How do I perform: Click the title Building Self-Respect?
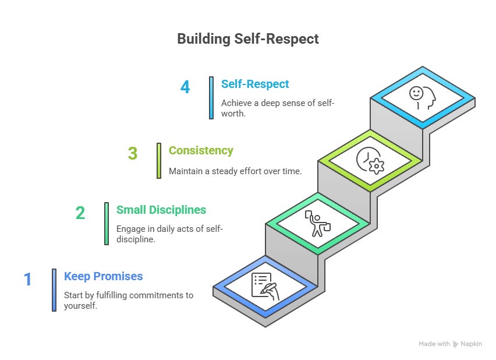point(248,40)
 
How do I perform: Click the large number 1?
point(27,280)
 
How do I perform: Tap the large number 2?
point(80,213)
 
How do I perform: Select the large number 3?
point(132,153)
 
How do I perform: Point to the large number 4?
point(185,87)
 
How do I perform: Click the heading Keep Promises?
point(103,276)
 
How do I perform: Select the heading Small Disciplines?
point(161,210)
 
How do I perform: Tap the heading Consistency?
point(201,150)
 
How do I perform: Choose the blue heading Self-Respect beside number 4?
point(255,84)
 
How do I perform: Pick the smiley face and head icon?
point(422,98)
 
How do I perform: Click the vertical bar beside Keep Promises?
point(54,290)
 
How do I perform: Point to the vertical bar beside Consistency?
point(159,160)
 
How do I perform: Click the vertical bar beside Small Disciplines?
point(107,223)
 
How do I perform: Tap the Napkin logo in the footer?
point(467,344)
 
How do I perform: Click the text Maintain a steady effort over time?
point(235,171)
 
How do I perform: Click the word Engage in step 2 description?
point(132,228)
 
